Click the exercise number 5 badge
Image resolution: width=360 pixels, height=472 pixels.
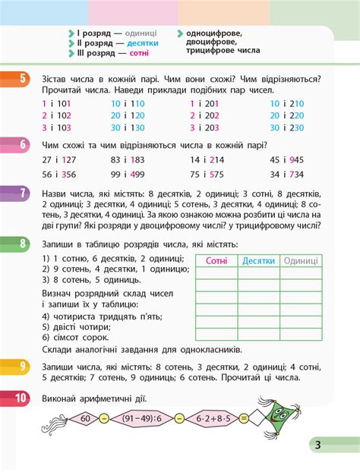22,78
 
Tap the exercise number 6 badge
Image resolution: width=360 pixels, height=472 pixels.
22,144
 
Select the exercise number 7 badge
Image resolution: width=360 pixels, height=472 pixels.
22,193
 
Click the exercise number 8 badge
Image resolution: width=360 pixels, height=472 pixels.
22,244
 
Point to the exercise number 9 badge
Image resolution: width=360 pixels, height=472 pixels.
22,367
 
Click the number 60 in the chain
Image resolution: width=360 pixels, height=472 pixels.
85,418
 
